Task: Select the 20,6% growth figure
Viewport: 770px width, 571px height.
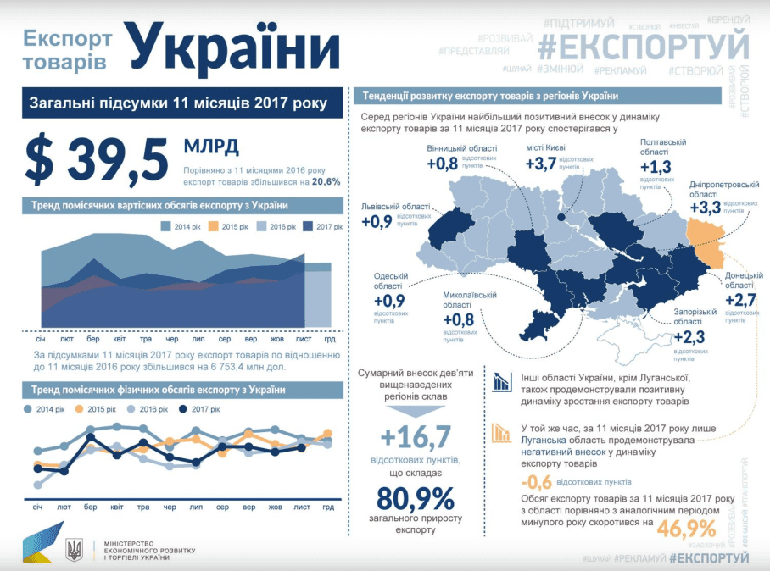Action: coord(326,181)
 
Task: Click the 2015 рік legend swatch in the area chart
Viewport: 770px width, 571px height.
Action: coord(215,227)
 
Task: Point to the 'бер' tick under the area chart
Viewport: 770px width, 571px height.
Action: coord(90,337)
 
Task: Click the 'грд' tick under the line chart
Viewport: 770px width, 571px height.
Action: coord(327,507)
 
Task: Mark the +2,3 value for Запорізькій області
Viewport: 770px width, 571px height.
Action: coord(689,337)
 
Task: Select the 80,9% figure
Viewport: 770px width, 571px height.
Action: coord(416,498)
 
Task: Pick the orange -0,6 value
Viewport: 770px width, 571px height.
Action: coord(533,482)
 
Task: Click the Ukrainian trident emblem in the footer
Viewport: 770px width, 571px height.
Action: coord(75,550)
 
